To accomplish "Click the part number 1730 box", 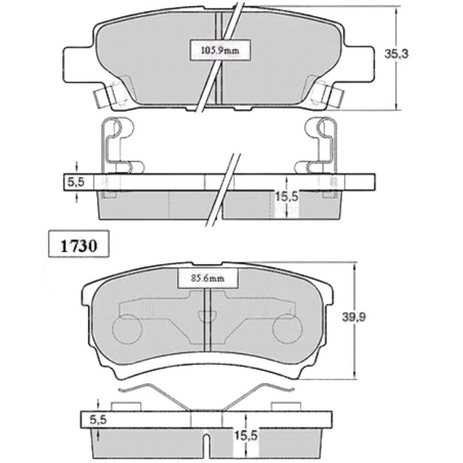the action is coord(79,244).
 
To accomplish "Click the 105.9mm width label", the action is coord(220,50).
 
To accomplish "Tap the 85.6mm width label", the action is coord(207,278).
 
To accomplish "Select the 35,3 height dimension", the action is coord(396,54).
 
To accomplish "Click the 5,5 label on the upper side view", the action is coord(76,182).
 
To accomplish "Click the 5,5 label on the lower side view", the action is coord(98,420).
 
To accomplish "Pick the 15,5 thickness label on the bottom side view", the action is coord(246,436).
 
